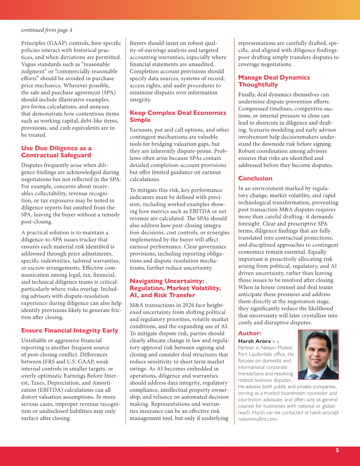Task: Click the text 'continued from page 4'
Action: [x=46, y=30]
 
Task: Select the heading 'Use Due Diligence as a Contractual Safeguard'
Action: [x=56, y=152]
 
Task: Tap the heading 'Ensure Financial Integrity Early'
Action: [x=69, y=330]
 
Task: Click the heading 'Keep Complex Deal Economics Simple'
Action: [x=178, y=116]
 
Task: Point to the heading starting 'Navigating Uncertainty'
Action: [x=175, y=288]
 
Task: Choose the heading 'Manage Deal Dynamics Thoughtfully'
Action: [x=274, y=81]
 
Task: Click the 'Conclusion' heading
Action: [x=255, y=178]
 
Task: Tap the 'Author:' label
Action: [x=249, y=333]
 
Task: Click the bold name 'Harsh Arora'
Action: [x=255, y=341]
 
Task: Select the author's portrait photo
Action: [x=318, y=355]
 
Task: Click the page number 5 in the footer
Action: [x=337, y=450]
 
